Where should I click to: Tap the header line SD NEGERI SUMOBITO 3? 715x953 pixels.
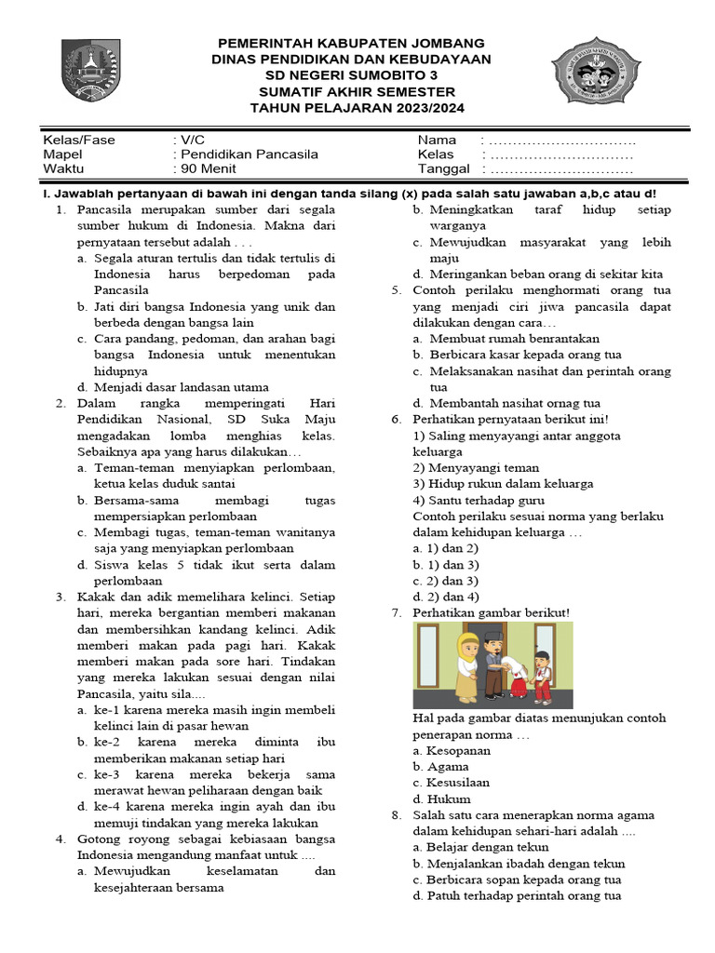(351, 75)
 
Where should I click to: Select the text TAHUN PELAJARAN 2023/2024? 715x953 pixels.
(351, 108)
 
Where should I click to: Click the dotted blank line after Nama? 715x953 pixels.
(561, 140)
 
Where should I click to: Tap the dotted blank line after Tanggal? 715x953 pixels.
(561, 169)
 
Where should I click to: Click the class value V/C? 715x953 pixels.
(192, 140)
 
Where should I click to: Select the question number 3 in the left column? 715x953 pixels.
(60, 597)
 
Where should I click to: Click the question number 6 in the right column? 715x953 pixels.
(396, 419)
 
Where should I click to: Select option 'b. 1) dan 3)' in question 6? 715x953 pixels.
(446, 565)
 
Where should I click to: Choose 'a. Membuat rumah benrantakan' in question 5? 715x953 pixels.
(507, 338)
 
